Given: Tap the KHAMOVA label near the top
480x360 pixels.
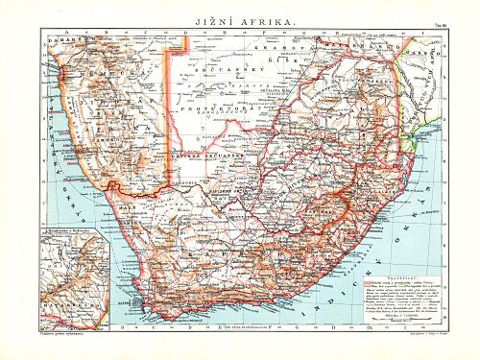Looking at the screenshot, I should pyautogui.click(x=282, y=42).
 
